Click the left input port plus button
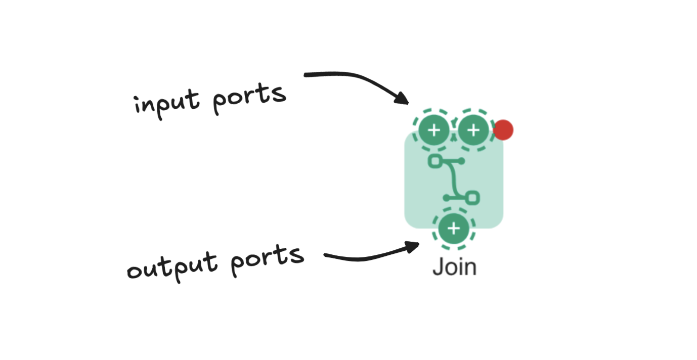click(433, 130)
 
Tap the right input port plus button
click(473, 130)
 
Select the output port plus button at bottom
click(454, 229)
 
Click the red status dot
click(503, 130)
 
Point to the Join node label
click(454, 267)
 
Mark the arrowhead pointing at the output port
click(414, 246)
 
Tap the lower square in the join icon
click(473, 198)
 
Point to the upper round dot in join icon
click(461, 161)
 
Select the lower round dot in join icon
click(447, 198)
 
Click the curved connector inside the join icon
click(454, 179)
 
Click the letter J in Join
click(438, 267)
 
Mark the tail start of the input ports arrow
click(306, 75)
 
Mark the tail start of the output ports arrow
click(325, 256)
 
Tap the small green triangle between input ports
click(453, 137)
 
